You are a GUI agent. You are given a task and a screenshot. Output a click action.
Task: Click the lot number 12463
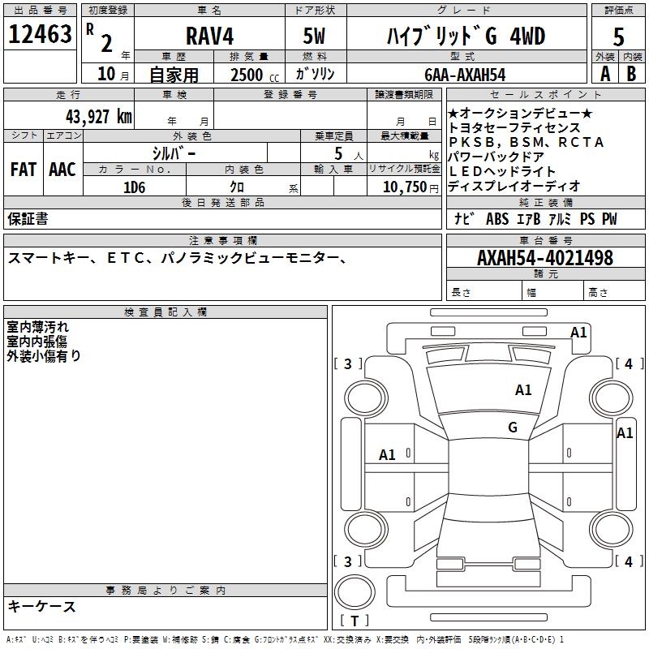[x=40, y=34]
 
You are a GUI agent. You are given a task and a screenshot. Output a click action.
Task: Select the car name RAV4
[x=208, y=37]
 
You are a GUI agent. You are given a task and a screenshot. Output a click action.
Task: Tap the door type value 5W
[x=316, y=37]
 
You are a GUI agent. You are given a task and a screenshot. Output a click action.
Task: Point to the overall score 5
[x=618, y=37]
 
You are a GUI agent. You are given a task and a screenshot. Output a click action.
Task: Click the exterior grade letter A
[x=604, y=73]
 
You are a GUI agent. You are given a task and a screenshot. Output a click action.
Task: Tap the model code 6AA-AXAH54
[x=465, y=75]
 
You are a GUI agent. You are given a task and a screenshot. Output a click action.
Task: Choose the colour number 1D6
[x=134, y=187]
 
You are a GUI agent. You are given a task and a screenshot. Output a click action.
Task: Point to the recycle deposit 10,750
[x=403, y=187]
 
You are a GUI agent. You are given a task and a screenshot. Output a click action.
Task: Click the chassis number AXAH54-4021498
[x=544, y=258]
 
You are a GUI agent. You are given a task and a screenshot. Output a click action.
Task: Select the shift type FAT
[x=24, y=170]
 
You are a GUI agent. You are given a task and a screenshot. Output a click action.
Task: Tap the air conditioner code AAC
[x=62, y=170]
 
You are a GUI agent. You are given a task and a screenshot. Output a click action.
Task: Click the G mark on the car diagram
[x=513, y=428]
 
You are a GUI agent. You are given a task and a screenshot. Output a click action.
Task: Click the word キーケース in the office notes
[x=42, y=606]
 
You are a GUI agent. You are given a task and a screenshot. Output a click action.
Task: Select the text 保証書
[x=28, y=218]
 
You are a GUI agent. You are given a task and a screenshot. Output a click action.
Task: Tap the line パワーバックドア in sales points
[x=496, y=157]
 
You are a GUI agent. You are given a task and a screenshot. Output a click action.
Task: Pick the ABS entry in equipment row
[x=497, y=219]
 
